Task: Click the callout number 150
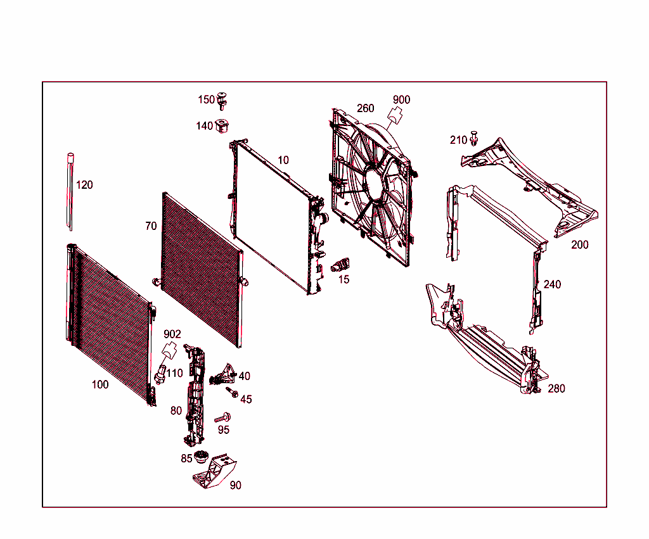click(x=206, y=99)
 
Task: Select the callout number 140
click(x=204, y=126)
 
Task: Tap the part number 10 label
click(x=283, y=160)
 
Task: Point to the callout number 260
click(x=366, y=108)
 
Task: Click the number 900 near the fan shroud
click(x=401, y=99)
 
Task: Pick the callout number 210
click(x=458, y=140)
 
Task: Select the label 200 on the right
click(x=579, y=244)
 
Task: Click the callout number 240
click(x=552, y=284)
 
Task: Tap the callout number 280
click(x=556, y=388)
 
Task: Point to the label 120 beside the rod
click(x=84, y=185)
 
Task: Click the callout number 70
click(x=151, y=226)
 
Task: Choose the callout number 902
click(x=172, y=334)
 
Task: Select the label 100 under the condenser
click(x=100, y=384)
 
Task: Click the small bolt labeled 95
click(x=222, y=418)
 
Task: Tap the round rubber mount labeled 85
click(x=202, y=456)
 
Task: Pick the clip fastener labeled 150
click(x=222, y=100)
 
